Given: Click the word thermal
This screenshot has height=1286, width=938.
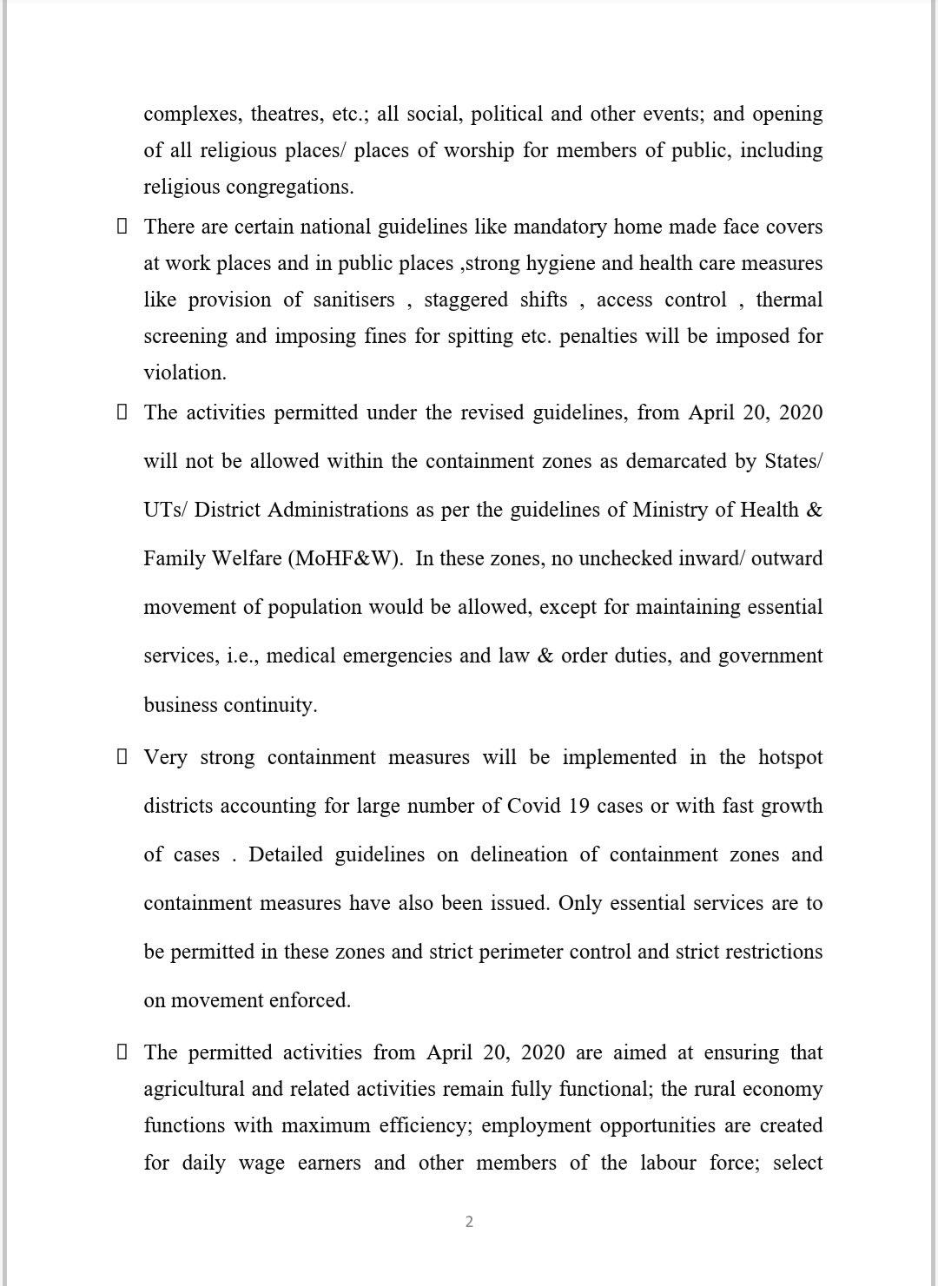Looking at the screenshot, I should pyautogui.click(x=789, y=300).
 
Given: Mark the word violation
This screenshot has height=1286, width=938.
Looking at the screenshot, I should pyautogui.click(x=185, y=373).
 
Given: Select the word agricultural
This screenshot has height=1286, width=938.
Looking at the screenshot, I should pyautogui.click(x=194, y=1088).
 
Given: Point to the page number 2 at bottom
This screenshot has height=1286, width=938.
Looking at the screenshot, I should pyautogui.click(x=469, y=1222).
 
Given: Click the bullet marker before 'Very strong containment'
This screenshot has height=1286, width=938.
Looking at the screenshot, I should pyautogui.click(x=122, y=756).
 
